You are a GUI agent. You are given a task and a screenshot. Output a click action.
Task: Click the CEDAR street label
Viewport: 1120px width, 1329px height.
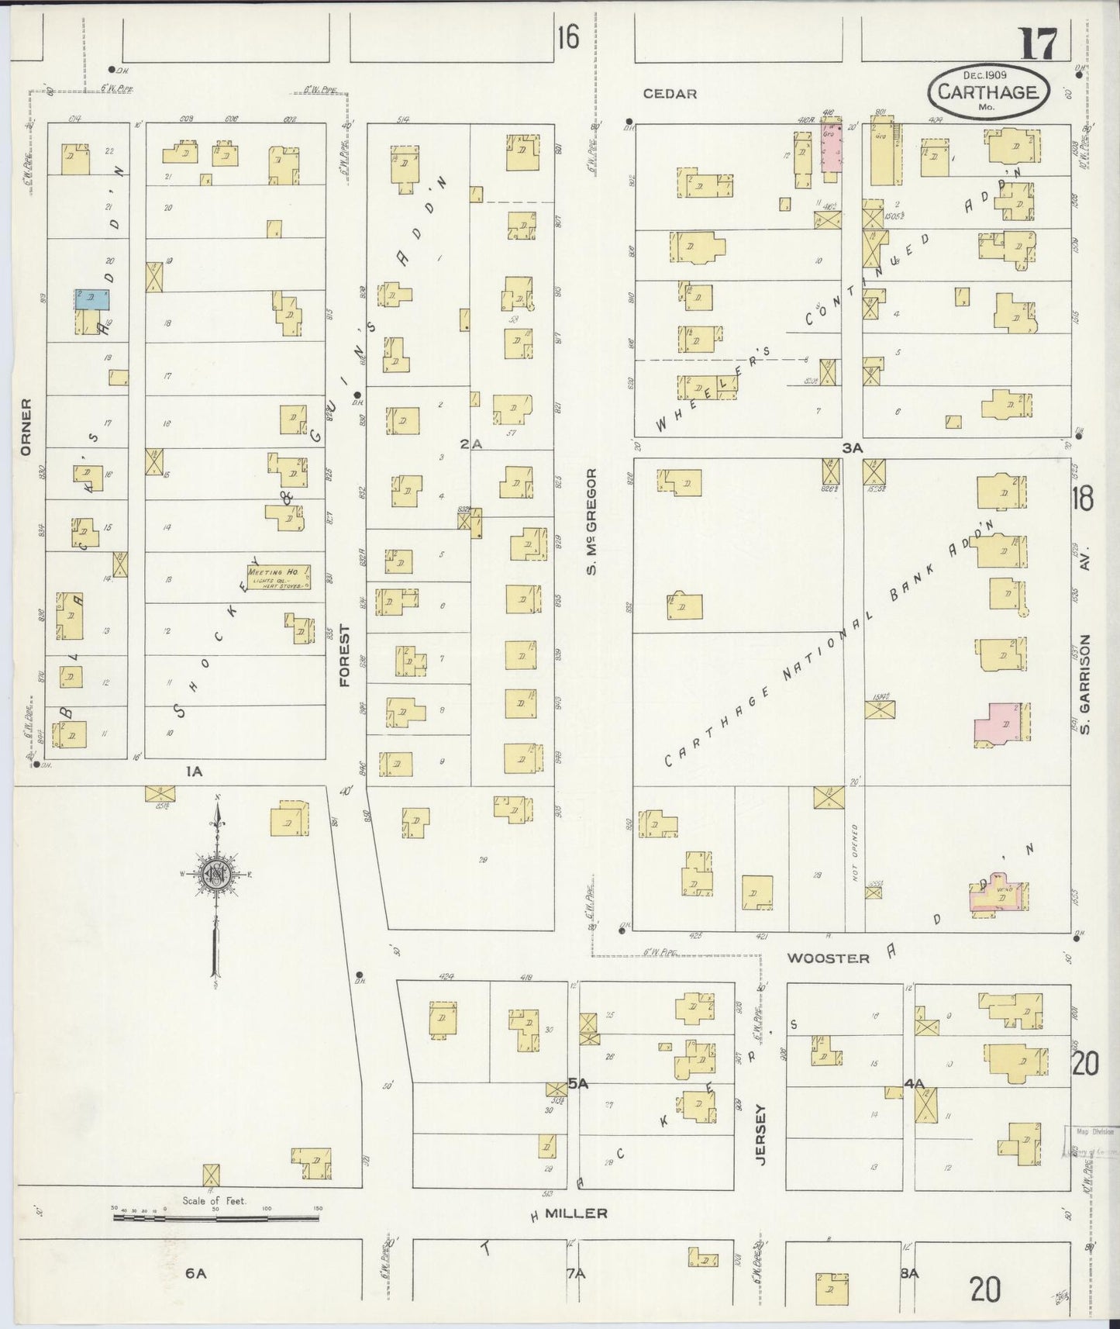[670, 94]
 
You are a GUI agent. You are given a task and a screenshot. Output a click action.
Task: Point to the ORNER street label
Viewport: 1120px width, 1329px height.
[26, 427]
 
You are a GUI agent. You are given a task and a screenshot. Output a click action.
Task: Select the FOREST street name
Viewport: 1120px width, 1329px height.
[345, 656]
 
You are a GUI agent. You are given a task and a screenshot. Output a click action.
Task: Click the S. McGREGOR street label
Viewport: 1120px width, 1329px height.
[591, 522]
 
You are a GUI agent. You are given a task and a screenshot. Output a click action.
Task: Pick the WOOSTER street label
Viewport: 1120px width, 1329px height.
[828, 958]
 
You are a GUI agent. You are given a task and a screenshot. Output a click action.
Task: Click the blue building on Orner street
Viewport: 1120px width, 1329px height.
[92, 299]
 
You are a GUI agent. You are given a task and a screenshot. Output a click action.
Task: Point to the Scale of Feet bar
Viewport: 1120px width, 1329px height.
[215, 1217]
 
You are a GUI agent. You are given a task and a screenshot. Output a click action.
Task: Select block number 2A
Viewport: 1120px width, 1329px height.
[470, 444]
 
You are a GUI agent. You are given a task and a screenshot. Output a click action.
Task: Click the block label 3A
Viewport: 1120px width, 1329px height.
[853, 447]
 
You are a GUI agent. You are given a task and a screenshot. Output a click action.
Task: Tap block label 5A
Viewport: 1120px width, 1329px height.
[578, 1084]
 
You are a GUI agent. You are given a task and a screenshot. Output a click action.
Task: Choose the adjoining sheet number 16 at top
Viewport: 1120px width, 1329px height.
[567, 36]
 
